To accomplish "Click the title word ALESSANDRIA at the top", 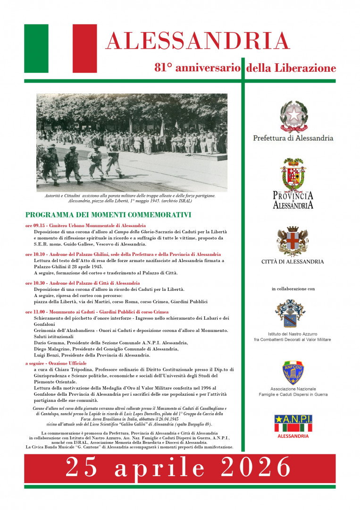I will [x=197, y=41].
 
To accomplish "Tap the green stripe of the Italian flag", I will [x=36, y=48].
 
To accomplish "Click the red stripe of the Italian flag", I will [x=84, y=48].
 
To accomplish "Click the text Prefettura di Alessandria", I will [x=293, y=138].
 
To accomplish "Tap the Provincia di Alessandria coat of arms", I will [x=293, y=175].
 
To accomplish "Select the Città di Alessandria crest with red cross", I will [x=293, y=241].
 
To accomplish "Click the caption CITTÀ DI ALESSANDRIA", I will [x=293, y=262].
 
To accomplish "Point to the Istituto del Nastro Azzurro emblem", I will [x=290, y=313].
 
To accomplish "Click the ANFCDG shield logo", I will [x=293, y=372].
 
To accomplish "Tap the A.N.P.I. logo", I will [x=293, y=423].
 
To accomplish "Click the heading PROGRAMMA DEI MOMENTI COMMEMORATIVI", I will [x=108, y=214].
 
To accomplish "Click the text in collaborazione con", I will [x=293, y=289].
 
